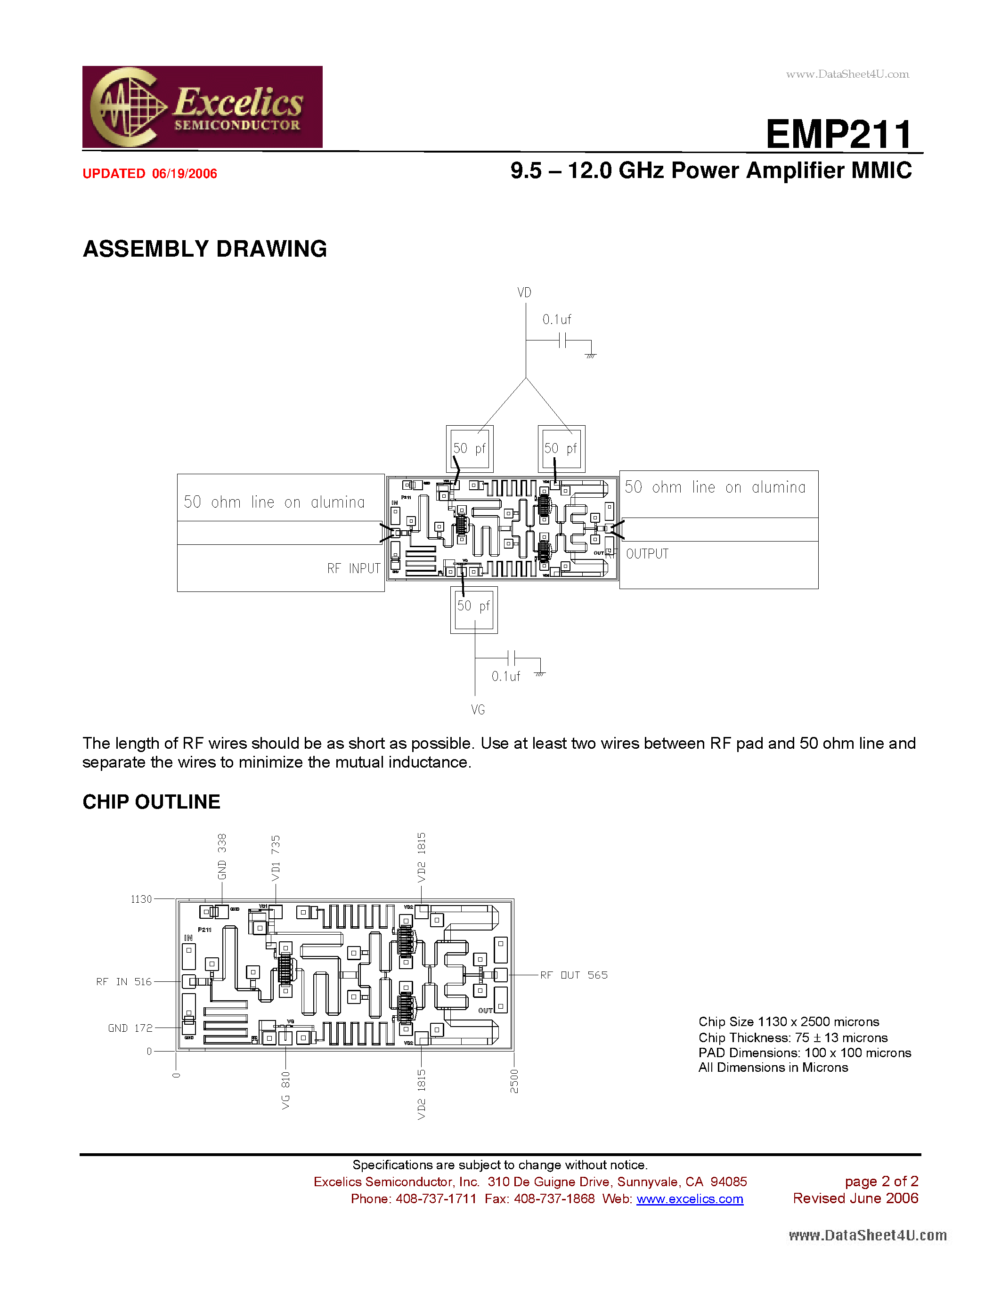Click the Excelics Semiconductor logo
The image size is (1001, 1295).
[202, 107]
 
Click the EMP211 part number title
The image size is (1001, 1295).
[838, 134]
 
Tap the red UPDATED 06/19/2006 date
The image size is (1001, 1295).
[149, 174]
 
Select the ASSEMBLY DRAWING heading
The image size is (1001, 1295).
[204, 249]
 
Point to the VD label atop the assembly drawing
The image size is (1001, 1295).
[524, 292]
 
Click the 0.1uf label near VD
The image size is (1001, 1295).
[557, 320]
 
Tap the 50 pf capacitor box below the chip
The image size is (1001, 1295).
[474, 609]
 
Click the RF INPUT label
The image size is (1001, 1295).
[353, 569]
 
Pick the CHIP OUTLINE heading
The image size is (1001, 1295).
[151, 801]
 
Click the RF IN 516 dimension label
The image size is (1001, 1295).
[124, 982]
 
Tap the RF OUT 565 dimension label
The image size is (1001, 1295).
[573, 975]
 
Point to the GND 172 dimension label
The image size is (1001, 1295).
[130, 1028]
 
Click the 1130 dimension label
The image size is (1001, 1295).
[141, 899]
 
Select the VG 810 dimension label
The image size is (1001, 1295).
[286, 1090]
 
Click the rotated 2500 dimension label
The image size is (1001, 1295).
[514, 1081]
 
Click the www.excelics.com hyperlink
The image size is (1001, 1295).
[690, 1199]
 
